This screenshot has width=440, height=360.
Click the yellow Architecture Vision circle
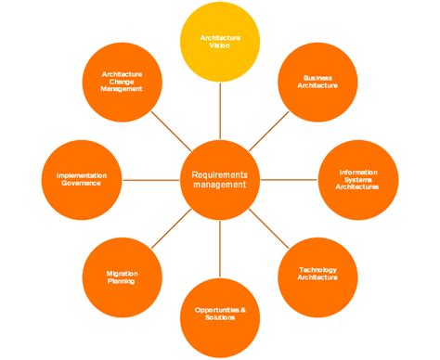220,42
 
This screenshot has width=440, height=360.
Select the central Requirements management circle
220,179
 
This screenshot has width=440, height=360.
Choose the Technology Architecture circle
317,275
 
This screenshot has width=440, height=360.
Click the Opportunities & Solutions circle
220,315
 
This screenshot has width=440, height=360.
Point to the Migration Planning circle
122,276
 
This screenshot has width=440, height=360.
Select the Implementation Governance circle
81,179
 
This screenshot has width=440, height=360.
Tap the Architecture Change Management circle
122,82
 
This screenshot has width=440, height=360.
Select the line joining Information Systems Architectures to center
288,179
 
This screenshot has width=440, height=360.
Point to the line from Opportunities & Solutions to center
220,245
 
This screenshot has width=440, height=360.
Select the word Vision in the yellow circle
220,46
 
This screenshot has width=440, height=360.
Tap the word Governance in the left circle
81,183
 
